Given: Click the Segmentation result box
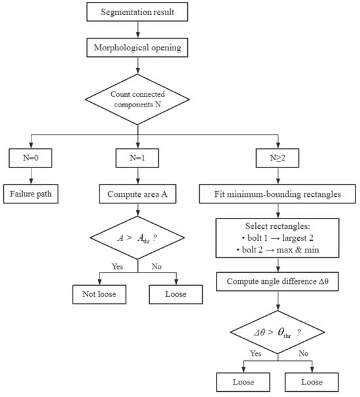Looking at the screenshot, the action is click(x=137, y=12).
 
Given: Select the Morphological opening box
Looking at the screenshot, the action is click(x=137, y=48).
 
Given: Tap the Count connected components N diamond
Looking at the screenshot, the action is click(x=137, y=99).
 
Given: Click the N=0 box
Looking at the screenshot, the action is click(x=31, y=158).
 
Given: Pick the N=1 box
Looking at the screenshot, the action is click(x=137, y=158).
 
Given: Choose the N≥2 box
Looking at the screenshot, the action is click(x=278, y=158).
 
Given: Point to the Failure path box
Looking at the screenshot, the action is click(x=31, y=194).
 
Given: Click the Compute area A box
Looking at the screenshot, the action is click(x=137, y=194).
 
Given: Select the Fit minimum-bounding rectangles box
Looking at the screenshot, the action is click(x=278, y=194).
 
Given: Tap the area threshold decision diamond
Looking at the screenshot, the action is click(x=137, y=238).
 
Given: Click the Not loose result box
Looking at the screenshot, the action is click(x=99, y=294).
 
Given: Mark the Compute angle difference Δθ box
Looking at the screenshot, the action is click(x=278, y=281).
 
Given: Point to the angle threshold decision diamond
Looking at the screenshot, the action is click(x=278, y=332).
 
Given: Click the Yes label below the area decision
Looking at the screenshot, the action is click(x=117, y=266).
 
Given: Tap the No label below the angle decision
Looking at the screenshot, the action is click(x=303, y=353).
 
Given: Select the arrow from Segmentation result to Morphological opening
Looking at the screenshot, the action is click(x=137, y=29).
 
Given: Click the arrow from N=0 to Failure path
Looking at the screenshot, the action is click(x=31, y=176).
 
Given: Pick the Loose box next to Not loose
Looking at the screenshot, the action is click(x=176, y=294).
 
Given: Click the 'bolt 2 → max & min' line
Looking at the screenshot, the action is click(x=278, y=250).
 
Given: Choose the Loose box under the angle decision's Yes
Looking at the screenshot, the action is click(x=243, y=382).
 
